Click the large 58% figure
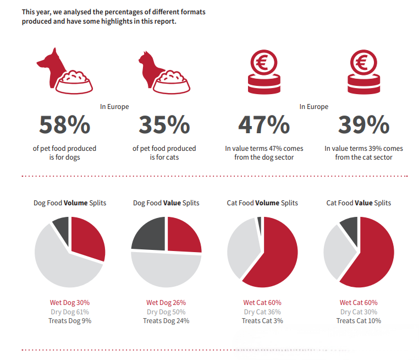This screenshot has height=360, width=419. point(65,125)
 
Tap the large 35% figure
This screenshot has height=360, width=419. point(164,125)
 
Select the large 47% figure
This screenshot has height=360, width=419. point(264,125)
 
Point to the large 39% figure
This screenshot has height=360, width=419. point(363,125)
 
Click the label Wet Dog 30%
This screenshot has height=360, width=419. point(70,303)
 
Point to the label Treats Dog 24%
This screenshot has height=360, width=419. point(166,320)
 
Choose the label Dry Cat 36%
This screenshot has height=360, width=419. point(262,312)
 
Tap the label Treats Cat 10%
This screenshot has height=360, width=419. point(359,320)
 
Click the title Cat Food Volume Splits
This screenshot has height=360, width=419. point(262,203)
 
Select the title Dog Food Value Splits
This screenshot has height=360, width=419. point(166,203)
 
